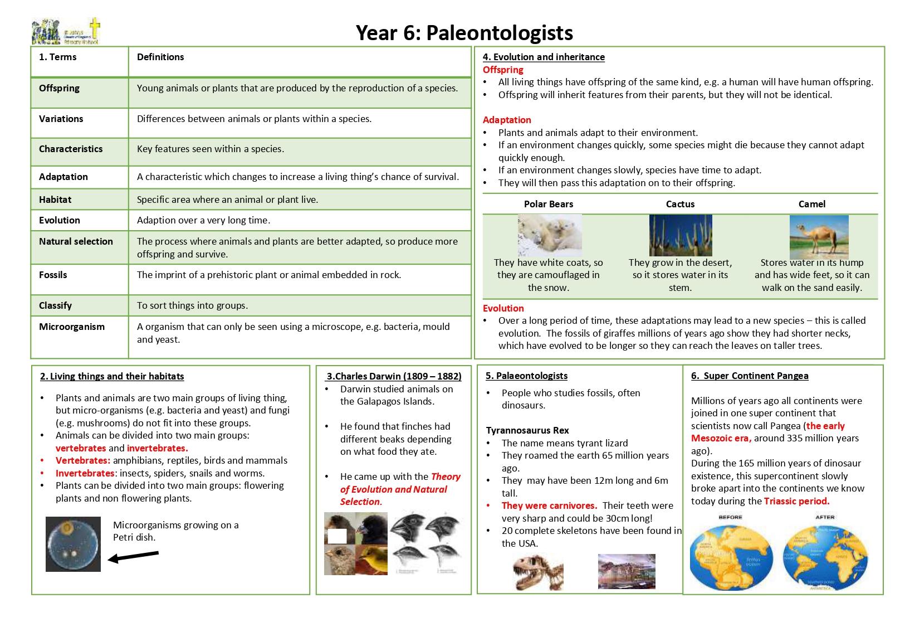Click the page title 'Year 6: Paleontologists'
click(464, 33)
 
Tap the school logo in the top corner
click(66, 31)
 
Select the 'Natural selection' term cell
click(76, 241)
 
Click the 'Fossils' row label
click(53, 275)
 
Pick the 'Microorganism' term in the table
click(72, 327)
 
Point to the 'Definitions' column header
click(160, 57)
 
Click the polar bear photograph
click(549, 235)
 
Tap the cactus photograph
click(680, 235)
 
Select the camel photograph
click(819, 237)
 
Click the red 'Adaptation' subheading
click(507, 120)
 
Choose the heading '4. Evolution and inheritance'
click(544, 57)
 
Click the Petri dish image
click(74, 544)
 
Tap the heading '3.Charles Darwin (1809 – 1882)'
click(394, 376)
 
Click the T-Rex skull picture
click(537, 572)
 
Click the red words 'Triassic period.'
click(796, 501)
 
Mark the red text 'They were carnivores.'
click(549, 506)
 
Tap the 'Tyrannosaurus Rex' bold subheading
click(527, 430)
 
